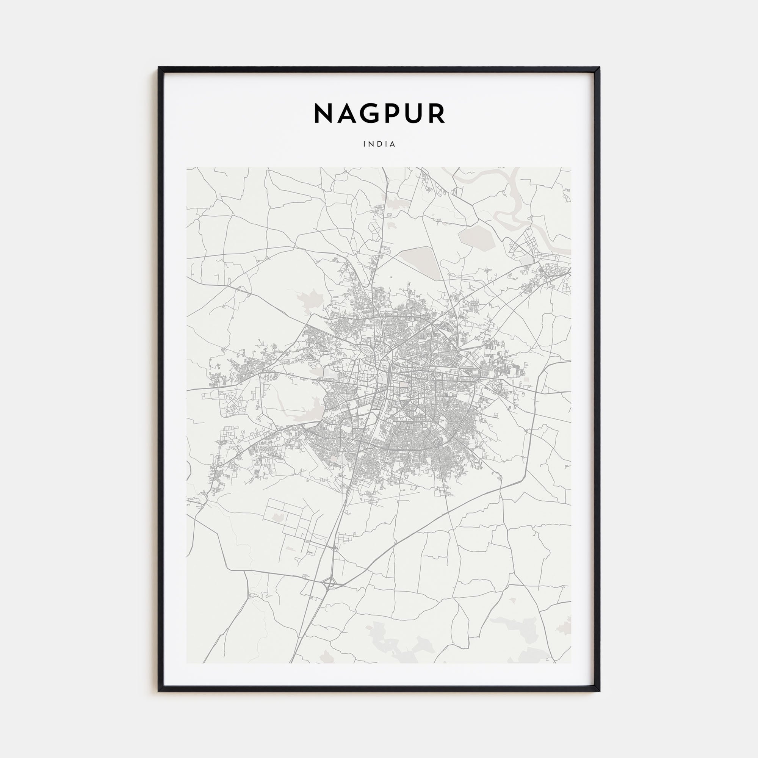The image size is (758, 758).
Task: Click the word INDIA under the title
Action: point(379,144)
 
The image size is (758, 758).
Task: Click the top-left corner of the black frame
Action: point(159,68)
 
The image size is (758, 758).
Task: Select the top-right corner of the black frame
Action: point(599,68)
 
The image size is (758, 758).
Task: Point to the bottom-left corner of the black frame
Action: point(159,691)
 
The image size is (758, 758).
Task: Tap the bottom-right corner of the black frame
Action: point(599,691)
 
